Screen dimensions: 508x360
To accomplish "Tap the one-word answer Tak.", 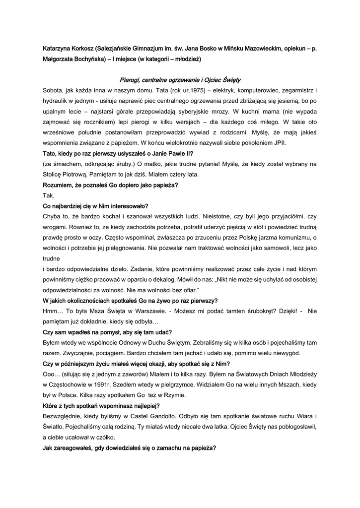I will click(x=49, y=195).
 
